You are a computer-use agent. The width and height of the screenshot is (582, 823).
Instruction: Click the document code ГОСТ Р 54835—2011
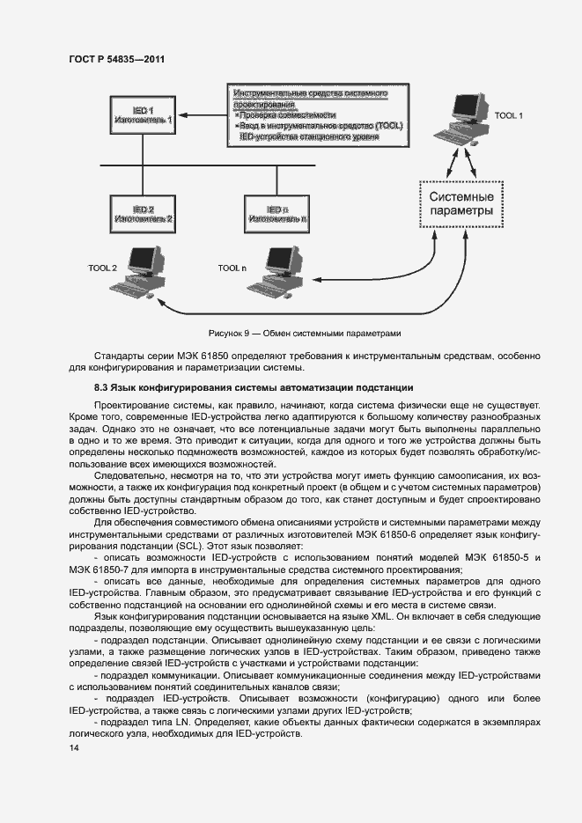(x=116, y=59)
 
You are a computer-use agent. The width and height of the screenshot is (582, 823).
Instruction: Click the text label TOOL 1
(x=509, y=115)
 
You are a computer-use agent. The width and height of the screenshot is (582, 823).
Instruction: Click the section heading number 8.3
(x=101, y=388)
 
